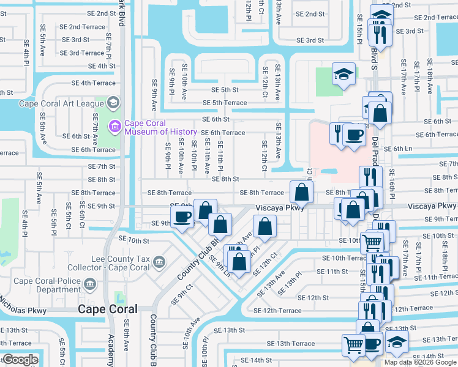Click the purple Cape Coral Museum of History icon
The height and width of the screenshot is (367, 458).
(x=114, y=127)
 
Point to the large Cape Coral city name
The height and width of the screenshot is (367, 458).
(x=107, y=310)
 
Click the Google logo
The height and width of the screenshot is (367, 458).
(x=20, y=360)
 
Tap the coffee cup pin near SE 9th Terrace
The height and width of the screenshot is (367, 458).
(x=182, y=217)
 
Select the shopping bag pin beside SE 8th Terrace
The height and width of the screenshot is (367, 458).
(x=301, y=193)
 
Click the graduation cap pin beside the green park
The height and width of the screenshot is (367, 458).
(x=343, y=75)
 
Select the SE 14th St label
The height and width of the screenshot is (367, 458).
(x=256, y=360)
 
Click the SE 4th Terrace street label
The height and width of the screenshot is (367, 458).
(x=93, y=83)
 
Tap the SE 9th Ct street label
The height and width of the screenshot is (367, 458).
(x=185, y=294)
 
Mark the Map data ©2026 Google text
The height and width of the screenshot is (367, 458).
(x=420, y=362)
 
